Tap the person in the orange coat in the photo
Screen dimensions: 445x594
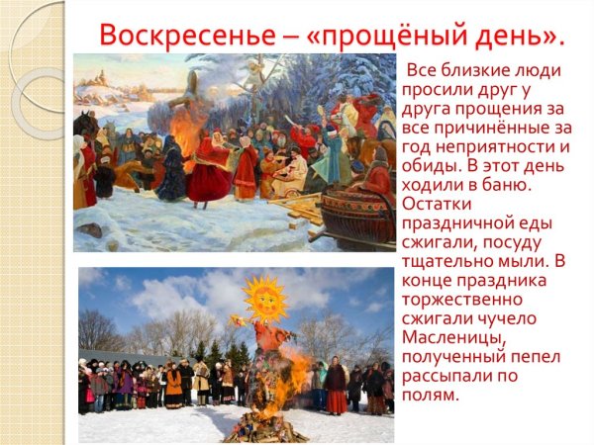[x=173, y=382]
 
